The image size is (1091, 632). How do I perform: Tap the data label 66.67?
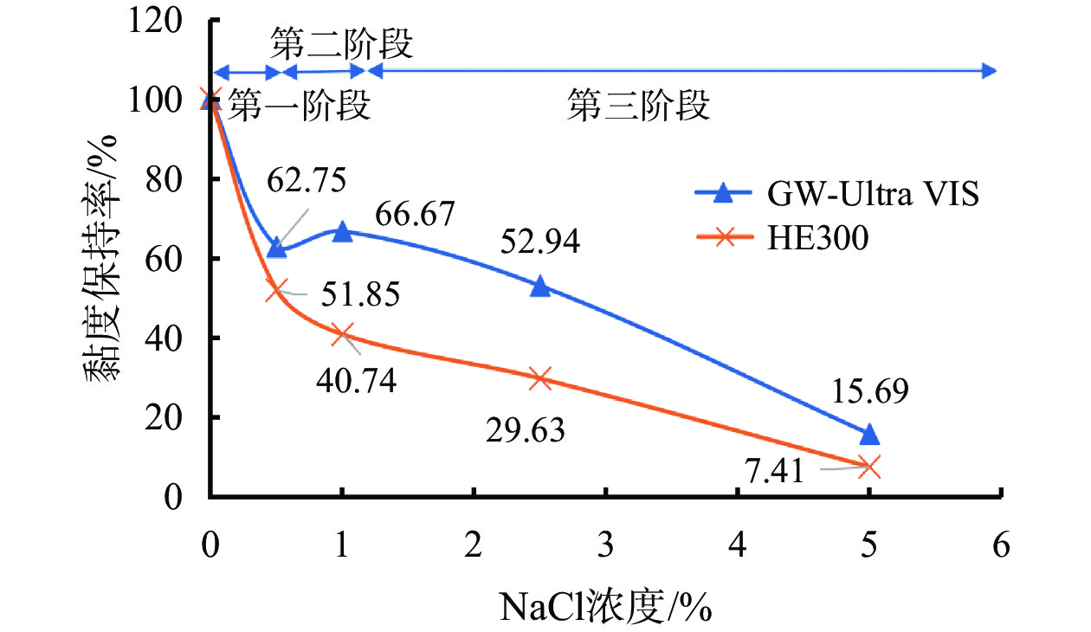(413, 214)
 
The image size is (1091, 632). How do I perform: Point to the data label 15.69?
(870, 392)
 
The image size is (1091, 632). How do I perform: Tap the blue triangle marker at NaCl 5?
(870, 435)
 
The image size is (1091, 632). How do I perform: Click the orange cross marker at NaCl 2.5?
(540, 378)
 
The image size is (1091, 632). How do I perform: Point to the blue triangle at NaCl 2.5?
(540, 286)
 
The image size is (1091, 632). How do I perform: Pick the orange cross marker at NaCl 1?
(342, 334)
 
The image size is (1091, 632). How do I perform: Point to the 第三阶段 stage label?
(639, 107)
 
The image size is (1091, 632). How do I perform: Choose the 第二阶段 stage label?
(340, 42)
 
